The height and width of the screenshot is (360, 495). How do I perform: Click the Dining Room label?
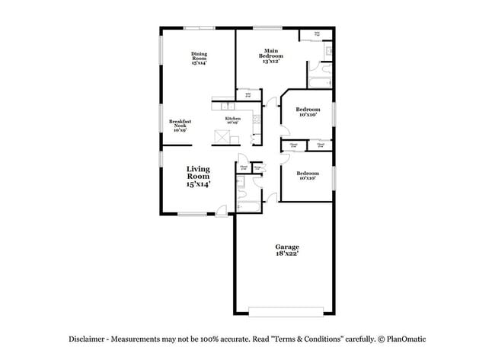(200, 59)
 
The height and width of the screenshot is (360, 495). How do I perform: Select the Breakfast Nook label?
(180, 125)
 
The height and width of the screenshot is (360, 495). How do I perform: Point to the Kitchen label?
(232, 120)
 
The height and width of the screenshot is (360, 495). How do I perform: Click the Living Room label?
(198, 176)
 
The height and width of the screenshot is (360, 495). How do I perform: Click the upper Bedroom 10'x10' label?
(308, 112)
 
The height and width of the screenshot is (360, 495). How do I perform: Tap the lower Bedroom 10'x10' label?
(307, 174)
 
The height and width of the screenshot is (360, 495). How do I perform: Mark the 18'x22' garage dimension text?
(286, 255)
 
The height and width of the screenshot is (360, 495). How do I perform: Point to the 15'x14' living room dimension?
(198, 184)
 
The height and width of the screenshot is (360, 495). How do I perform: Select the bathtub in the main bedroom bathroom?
(320, 81)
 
